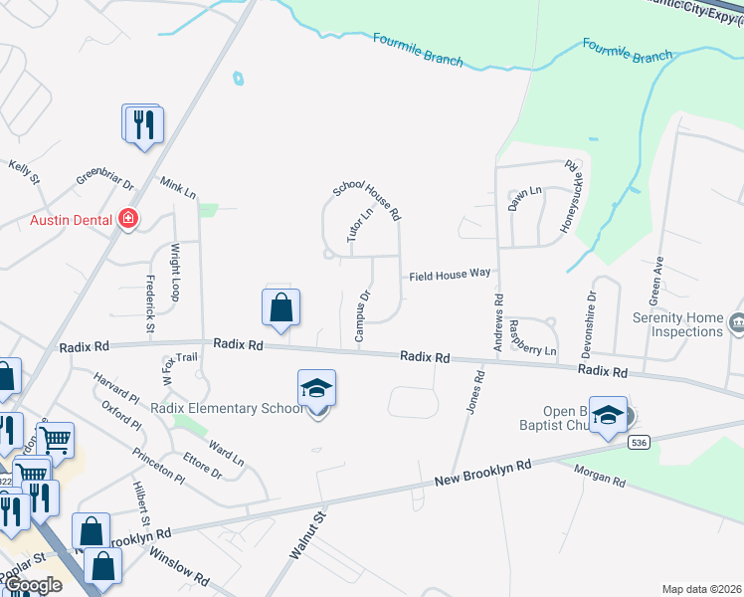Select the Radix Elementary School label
pos(228,408)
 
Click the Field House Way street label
pos(448,274)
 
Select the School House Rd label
pos(366,200)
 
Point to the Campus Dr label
pos(363,315)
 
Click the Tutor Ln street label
pos(360,225)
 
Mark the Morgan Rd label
pos(605,481)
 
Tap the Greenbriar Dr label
pos(105,184)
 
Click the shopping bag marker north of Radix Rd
pos(281,308)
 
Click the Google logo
pos(32,585)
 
